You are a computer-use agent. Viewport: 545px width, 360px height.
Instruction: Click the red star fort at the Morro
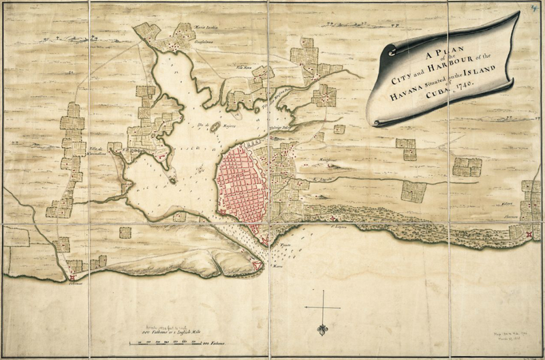pos(257,266)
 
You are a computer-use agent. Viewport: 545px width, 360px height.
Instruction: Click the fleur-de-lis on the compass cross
pos(322,330)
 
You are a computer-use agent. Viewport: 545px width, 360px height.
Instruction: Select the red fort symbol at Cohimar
pos(72,275)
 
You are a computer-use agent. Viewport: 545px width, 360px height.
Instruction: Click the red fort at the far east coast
pos(530,234)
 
